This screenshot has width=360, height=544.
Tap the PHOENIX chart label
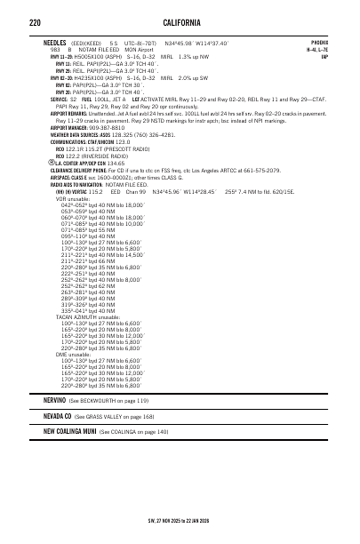[321, 42]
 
